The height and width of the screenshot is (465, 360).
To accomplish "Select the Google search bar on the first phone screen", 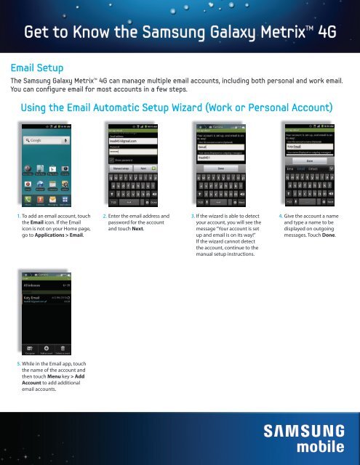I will [x=47, y=139].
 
